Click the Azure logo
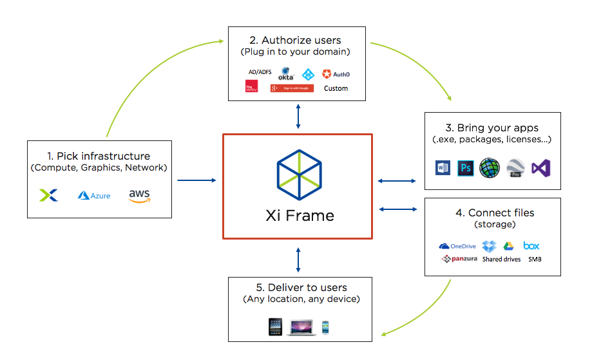pos(94,195)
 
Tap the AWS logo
pos(139,195)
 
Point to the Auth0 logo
pos(336,74)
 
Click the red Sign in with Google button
pos(292,88)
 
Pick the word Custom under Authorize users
pos(336,88)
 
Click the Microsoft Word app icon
pos(443,169)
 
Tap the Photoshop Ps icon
pos(466,169)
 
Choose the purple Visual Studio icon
pos(540,169)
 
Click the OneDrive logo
pos(457,246)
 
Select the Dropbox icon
pos(490,246)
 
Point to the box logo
pos(531,246)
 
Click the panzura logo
pos(459,259)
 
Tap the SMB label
pos(535,260)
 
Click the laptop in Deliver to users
pos(301,327)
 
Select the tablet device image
pos(276,327)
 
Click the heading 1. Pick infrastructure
pos(99,156)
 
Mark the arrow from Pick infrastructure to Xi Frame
pos(196,180)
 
